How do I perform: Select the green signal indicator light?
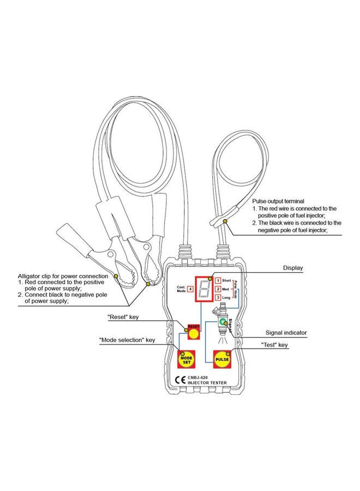(x=223, y=323)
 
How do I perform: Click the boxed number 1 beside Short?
(x=218, y=279)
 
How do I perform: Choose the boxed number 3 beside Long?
(x=218, y=297)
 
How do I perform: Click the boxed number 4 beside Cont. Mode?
(x=190, y=289)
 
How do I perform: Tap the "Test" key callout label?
(x=275, y=345)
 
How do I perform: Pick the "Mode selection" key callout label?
(x=127, y=340)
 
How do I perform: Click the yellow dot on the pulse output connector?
(x=224, y=219)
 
